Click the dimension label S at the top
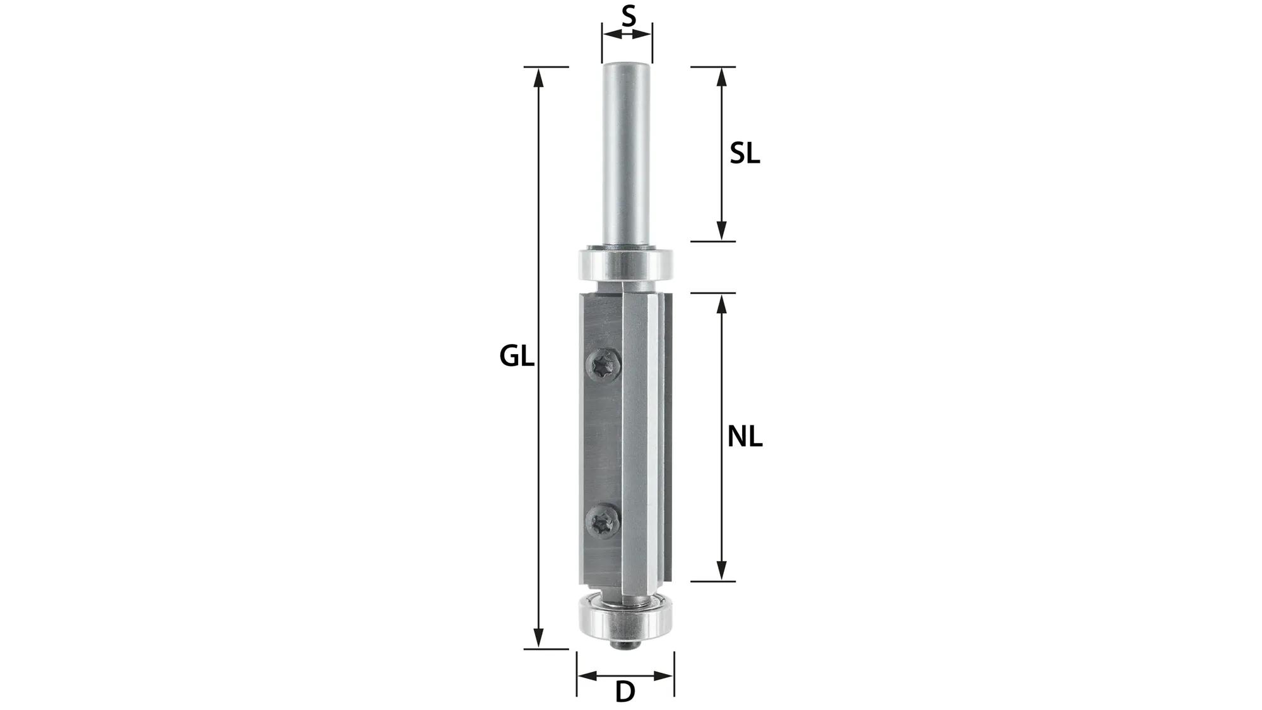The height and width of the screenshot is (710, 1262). tap(628, 16)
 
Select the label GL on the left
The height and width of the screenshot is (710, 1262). tap(517, 357)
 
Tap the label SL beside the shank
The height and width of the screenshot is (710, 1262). tap(745, 154)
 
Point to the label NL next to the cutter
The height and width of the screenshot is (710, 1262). tap(745, 437)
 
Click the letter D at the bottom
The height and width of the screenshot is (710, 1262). tap(625, 692)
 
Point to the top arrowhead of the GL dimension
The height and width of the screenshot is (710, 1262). tap(538, 76)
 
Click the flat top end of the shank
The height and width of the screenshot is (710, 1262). tap(626, 64)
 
